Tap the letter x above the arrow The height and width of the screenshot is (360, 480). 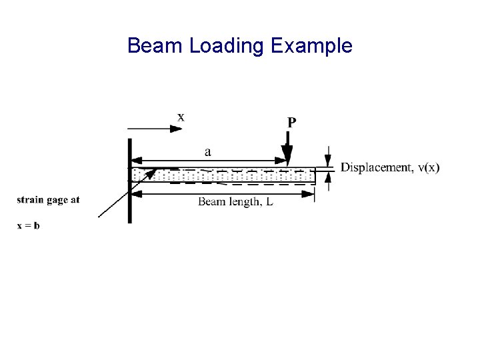pyautogui.click(x=181, y=117)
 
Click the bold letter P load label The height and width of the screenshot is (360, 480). pyautogui.click(x=292, y=123)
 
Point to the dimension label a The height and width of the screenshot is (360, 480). pyautogui.click(x=208, y=152)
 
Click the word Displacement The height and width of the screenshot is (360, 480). pyautogui.click(x=375, y=167)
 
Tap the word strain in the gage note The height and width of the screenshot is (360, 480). pyautogui.click(x=30, y=200)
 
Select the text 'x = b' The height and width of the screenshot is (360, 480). pyautogui.click(x=28, y=225)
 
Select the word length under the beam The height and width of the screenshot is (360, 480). pyautogui.click(x=243, y=201)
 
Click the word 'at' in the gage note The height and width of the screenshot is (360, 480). pyautogui.click(x=75, y=200)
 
